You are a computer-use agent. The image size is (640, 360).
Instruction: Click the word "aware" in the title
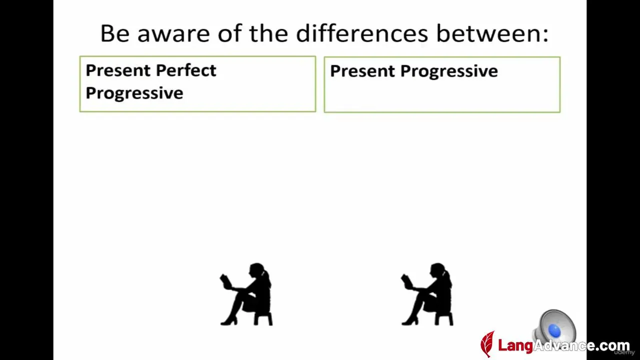click(173, 33)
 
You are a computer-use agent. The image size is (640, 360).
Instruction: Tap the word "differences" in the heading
click(362, 33)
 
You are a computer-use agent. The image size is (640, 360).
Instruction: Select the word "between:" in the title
click(492, 33)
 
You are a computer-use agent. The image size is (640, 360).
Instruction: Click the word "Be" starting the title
click(115, 33)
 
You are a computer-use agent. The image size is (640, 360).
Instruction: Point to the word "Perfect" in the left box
click(186, 70)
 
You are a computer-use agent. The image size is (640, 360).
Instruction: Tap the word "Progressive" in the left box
click(134, 93)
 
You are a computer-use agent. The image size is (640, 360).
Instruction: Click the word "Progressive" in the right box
click(449, 71)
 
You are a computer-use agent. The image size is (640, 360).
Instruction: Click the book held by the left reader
click(226, 281)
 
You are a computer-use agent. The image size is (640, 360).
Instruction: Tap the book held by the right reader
click(407, 281)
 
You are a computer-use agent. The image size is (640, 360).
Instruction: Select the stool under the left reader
click(263, 319)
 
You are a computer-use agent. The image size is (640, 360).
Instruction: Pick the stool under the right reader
click(444, 319)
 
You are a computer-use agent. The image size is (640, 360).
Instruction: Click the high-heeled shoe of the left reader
click(229, 321)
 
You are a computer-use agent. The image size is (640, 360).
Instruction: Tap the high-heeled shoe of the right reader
click(410, 321)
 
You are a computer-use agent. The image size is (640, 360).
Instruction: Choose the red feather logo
click(487, 344)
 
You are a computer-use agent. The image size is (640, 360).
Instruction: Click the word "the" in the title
click(268, 33)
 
